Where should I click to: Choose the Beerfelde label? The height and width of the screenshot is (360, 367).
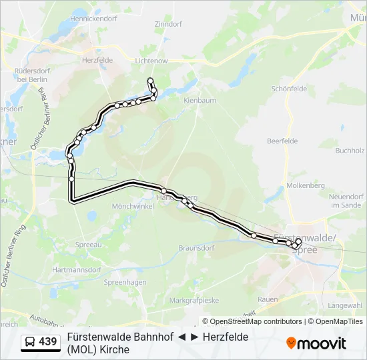click(x=282, y=141)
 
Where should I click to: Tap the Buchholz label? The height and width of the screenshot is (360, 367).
click(x=349, y=151)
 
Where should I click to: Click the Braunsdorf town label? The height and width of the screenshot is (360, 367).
click(x=196, y=248)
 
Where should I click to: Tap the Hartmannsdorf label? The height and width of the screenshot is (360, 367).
click(x=76, y=270)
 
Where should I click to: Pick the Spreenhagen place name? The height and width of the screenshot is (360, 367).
click(x=125, y=283)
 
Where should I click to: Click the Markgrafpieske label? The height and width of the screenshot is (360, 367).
click(x=194, y=300)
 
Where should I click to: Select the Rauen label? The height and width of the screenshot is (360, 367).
click(x=268, y=299)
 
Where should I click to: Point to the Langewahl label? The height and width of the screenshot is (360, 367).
click(x=344, y=305)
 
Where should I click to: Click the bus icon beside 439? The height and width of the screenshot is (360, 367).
click(x=30, y=342)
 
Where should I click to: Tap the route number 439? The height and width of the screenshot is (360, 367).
click(x=48, y=342)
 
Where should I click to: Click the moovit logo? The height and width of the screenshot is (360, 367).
click(x=316, y=343)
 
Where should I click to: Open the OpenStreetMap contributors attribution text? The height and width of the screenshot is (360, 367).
click(x=256, y=321)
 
